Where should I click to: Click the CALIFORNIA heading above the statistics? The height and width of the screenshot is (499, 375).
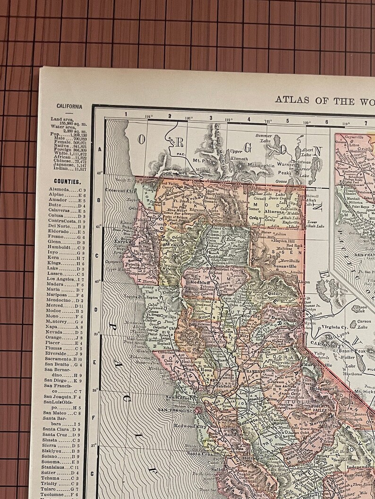69,106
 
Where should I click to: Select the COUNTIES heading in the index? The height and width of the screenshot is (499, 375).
67,181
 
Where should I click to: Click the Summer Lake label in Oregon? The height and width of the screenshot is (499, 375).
264,138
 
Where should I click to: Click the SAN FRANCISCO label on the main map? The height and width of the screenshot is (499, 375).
176,410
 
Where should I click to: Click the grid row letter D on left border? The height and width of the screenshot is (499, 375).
100,309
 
